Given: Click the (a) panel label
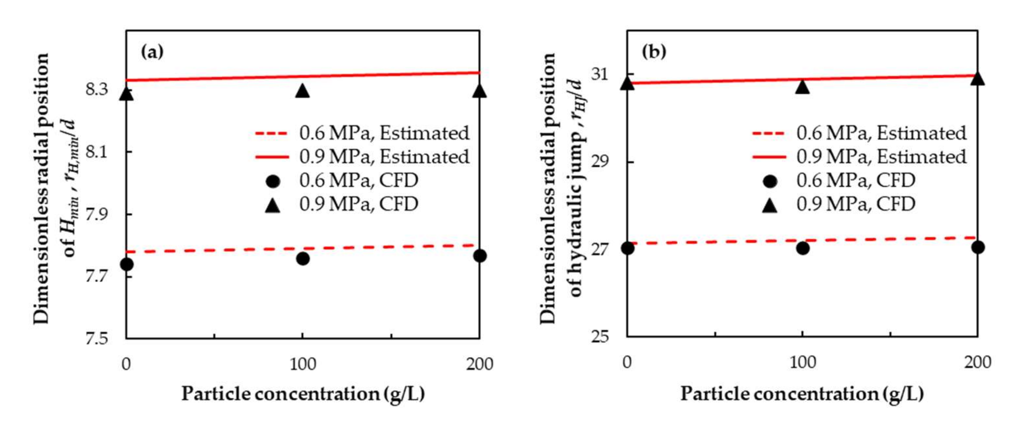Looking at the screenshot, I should coord(152,52).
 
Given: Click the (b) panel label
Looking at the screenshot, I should coord(654,52).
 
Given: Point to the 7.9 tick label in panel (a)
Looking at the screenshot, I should coord(97,214).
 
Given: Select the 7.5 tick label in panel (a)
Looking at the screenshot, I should coord(97,339).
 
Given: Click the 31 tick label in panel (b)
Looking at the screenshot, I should coord(600,74).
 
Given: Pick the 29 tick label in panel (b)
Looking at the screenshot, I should coord(600,162).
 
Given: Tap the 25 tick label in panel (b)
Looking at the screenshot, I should coord(600,337).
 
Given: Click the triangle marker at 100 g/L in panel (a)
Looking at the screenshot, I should coord(303,92).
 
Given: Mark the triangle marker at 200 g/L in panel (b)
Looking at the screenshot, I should coord(978,79).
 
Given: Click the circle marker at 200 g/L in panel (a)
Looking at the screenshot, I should coord(480,256).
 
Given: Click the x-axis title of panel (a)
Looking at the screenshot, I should coord(303,394).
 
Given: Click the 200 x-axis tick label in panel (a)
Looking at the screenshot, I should coord(480,364).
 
